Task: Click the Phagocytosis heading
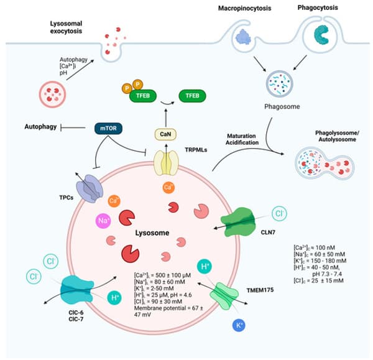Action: (326, 9)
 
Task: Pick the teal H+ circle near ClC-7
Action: (115, 298)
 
